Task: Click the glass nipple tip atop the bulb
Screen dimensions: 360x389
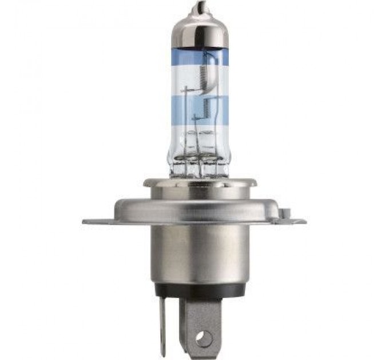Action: pos(199,9)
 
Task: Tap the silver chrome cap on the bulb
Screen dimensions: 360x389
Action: pos(199,31)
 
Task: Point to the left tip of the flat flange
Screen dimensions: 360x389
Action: pos(86,221)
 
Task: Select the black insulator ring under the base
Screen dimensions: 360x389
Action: pos(199,290)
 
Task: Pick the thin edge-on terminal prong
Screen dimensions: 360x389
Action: pos(162,326)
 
